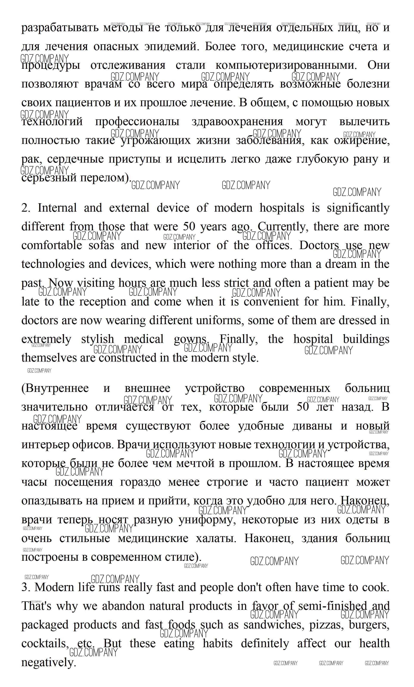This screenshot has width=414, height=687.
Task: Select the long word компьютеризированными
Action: coord(286,65)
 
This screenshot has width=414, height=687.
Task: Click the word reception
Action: coord(103,302)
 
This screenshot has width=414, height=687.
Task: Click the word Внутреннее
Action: coord(55,388)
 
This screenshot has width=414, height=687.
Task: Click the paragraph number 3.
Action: coord(26,587)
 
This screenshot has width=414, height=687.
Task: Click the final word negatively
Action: coord(48,662)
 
